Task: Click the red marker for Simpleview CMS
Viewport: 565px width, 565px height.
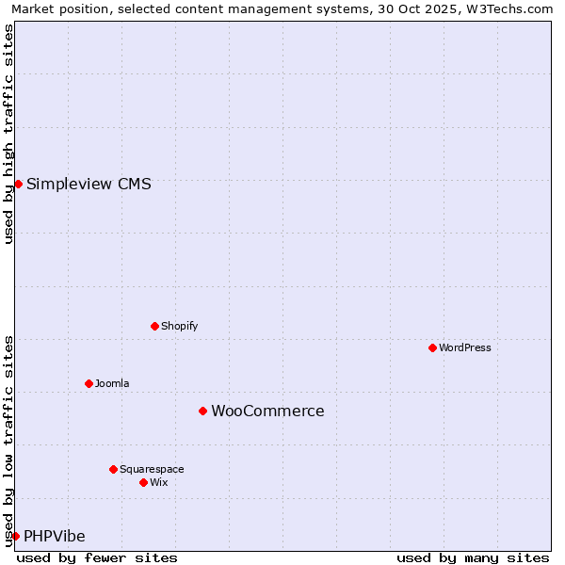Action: (18, 184)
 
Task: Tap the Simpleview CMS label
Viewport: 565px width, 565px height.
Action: (89, 184)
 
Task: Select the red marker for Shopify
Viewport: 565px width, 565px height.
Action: (154, 326)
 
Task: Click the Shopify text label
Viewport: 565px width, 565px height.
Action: (179, 326)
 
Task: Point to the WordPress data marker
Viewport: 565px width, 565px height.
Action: (432, 347)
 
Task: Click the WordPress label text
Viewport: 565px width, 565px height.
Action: (464, 347)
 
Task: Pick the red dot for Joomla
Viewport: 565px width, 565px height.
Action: (89, 383)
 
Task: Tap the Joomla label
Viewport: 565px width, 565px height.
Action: (112, 383)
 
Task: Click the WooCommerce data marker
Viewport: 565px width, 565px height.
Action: (202, 411)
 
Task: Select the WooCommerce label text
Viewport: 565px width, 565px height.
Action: (267, 411)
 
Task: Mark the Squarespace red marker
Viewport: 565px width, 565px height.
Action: (113, 469)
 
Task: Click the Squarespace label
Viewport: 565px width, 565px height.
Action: (152, 469)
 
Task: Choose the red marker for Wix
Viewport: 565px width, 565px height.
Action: (143, 482)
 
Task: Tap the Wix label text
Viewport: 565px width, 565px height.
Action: (158, 482)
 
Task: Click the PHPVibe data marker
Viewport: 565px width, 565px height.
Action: (15, 536)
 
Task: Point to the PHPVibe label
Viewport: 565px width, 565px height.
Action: (55, 536)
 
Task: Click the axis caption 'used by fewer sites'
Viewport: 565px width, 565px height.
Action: (97, 557)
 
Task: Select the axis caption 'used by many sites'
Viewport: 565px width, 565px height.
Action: (473, 557)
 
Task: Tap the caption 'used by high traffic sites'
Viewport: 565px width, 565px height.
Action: (8, 134)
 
